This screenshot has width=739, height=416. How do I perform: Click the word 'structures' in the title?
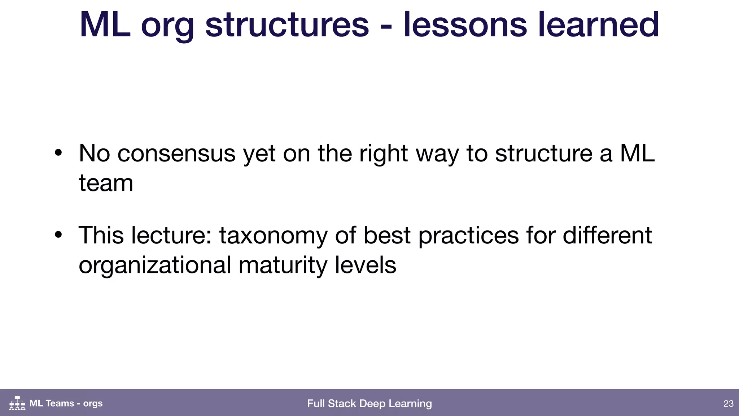(x=287, y=25)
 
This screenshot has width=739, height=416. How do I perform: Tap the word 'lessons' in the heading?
(x=465, y=25)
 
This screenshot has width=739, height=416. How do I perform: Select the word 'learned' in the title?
(x=598, y=25)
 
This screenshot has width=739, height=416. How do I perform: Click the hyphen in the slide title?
(x=386, y=26)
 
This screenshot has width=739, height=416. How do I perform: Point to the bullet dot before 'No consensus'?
(x=58, y=153)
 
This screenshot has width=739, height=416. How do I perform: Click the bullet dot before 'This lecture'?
(x=58, y=235)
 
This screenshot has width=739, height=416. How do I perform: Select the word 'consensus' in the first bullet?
(x=176, y=153)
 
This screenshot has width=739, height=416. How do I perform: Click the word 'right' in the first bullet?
(x=384, y=154)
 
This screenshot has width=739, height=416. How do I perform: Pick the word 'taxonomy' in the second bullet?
(x=274, y=236)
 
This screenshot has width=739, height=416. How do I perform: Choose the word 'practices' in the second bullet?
(x=468, y=236)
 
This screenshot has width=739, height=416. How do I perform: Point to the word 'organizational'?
(x=155, y=265)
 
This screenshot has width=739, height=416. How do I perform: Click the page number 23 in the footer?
(x=728, y=403)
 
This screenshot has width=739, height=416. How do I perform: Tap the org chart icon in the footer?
(x=17, y=403)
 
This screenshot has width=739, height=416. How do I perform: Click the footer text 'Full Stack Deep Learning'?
(x=369, y=403)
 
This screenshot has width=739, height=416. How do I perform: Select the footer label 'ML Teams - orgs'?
(x=66, y=403)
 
